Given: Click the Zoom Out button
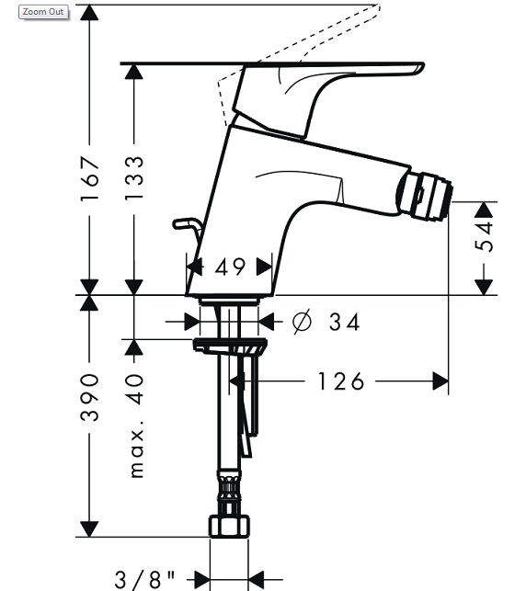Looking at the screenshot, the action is (43, 12).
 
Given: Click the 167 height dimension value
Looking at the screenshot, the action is (90, 179).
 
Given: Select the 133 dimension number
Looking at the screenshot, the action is (134, 178).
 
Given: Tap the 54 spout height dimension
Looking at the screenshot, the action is (484, 237).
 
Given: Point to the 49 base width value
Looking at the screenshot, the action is (230, 267).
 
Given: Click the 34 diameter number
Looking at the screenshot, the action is (344, 322).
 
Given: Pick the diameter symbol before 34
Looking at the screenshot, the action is (303, 322).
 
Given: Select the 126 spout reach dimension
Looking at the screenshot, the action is (341, 381).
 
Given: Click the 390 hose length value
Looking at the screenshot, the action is (90, 398).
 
